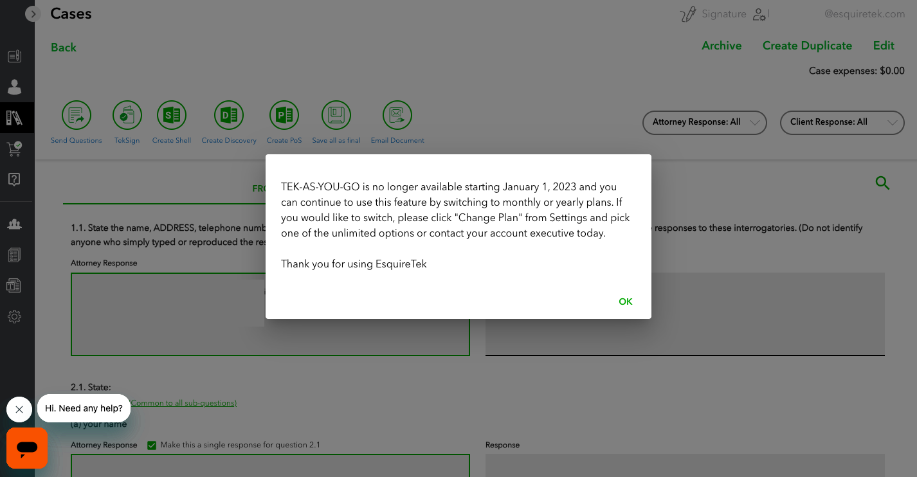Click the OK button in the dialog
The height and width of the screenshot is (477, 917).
625,301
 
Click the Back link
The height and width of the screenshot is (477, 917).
64,47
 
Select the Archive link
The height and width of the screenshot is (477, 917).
722,46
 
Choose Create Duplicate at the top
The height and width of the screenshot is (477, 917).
807,46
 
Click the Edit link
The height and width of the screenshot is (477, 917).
884,46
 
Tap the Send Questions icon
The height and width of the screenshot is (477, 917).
77,116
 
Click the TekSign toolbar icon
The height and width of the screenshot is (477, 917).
127,116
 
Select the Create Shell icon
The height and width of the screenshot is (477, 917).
172,116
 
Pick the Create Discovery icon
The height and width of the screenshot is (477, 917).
229,116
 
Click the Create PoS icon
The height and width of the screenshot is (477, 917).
284,116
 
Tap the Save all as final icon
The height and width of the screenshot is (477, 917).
336,116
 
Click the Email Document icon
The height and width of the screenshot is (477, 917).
397,116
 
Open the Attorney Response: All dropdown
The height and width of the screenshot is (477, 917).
704,122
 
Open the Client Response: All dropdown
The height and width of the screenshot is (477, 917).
842,122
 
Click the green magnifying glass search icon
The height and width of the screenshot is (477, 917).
882,183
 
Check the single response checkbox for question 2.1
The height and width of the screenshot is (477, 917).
152,445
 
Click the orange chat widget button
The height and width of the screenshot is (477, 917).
27,448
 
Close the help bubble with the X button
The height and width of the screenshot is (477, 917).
19,410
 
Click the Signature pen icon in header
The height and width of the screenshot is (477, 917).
687,14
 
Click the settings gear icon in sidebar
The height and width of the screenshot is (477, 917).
14,316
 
